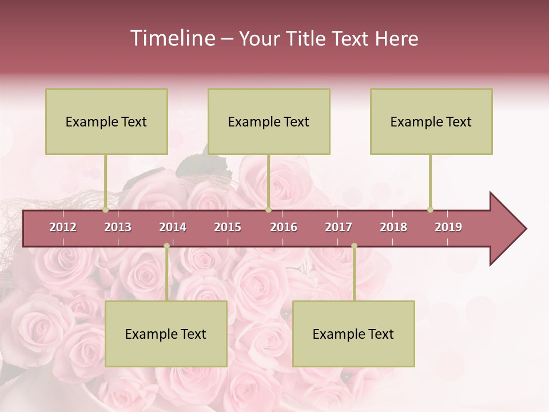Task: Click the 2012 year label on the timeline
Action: pyautogui.click(x=63, y=227)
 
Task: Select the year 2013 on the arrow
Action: pyautogui.click(x=118, y=227)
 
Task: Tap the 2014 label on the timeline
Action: pyautogui.click(x=173, y=227)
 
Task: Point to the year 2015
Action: pyautogui.click(x=228, y=227)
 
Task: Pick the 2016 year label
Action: pyautogui.click(x=284, y=227)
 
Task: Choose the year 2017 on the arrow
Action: pyautogui.click(x=339, y=227)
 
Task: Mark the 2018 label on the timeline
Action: pyautogui.click(x=393, y=227)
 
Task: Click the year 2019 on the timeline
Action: pyautogui.click(x=448, y=227)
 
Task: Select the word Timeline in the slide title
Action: pyautogui.click(x=172, y=38)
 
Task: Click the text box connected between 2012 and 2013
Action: pyautogui.click(x=106, y=121)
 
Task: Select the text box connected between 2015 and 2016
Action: pyautogui.click(x=269, y=121)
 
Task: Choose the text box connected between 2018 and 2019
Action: pyautogui.click(x=431, y=121)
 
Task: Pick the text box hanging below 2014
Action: pyautogui.click(x=166, y=334)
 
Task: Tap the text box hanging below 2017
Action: pyautogui.click(x=353, y=334)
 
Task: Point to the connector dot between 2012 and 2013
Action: pyautogui.click(x=105, y=209)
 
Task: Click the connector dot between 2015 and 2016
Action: pyautogui.click(x=268, y=209)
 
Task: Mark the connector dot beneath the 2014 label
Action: pyautogui.click(x=166, y=246)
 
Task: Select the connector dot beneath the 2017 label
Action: pyautogui.click(x=354, y=246)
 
